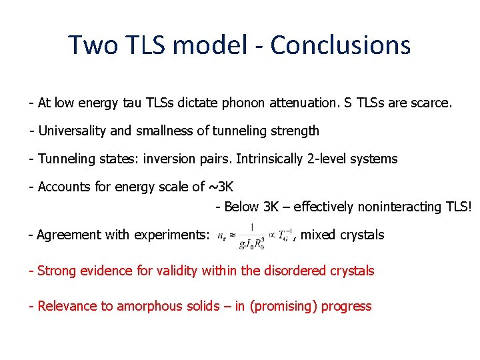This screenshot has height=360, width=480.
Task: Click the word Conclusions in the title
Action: (x=340, y=45)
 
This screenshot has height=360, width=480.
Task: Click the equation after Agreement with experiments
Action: (x=255, y=235)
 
